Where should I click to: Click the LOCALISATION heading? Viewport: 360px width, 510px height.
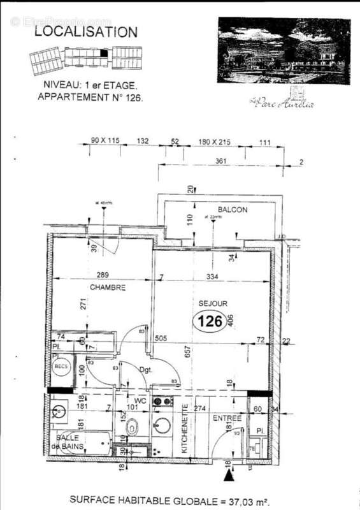click(86, 32)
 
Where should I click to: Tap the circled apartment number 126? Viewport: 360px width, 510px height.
click(210, 322)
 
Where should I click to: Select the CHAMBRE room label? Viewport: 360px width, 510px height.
click(108, 288)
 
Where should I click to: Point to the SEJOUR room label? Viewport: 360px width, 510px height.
click(213, 304)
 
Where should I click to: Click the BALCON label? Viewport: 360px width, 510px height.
click(232, 209)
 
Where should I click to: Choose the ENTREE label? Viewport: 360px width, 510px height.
click(227, 418)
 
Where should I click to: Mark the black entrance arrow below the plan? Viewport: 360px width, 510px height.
click(229, 475)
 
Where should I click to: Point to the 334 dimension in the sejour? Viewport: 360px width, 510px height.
click(212, 277)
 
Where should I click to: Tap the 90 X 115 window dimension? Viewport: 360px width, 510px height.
click(106, 141)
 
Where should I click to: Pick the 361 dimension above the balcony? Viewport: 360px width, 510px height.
click(221, 161)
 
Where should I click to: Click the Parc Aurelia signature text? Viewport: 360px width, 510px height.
click(281, 103)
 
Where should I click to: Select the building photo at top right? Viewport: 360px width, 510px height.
click(284, 51)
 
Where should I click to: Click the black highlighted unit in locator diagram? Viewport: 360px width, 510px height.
click(104, 54)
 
